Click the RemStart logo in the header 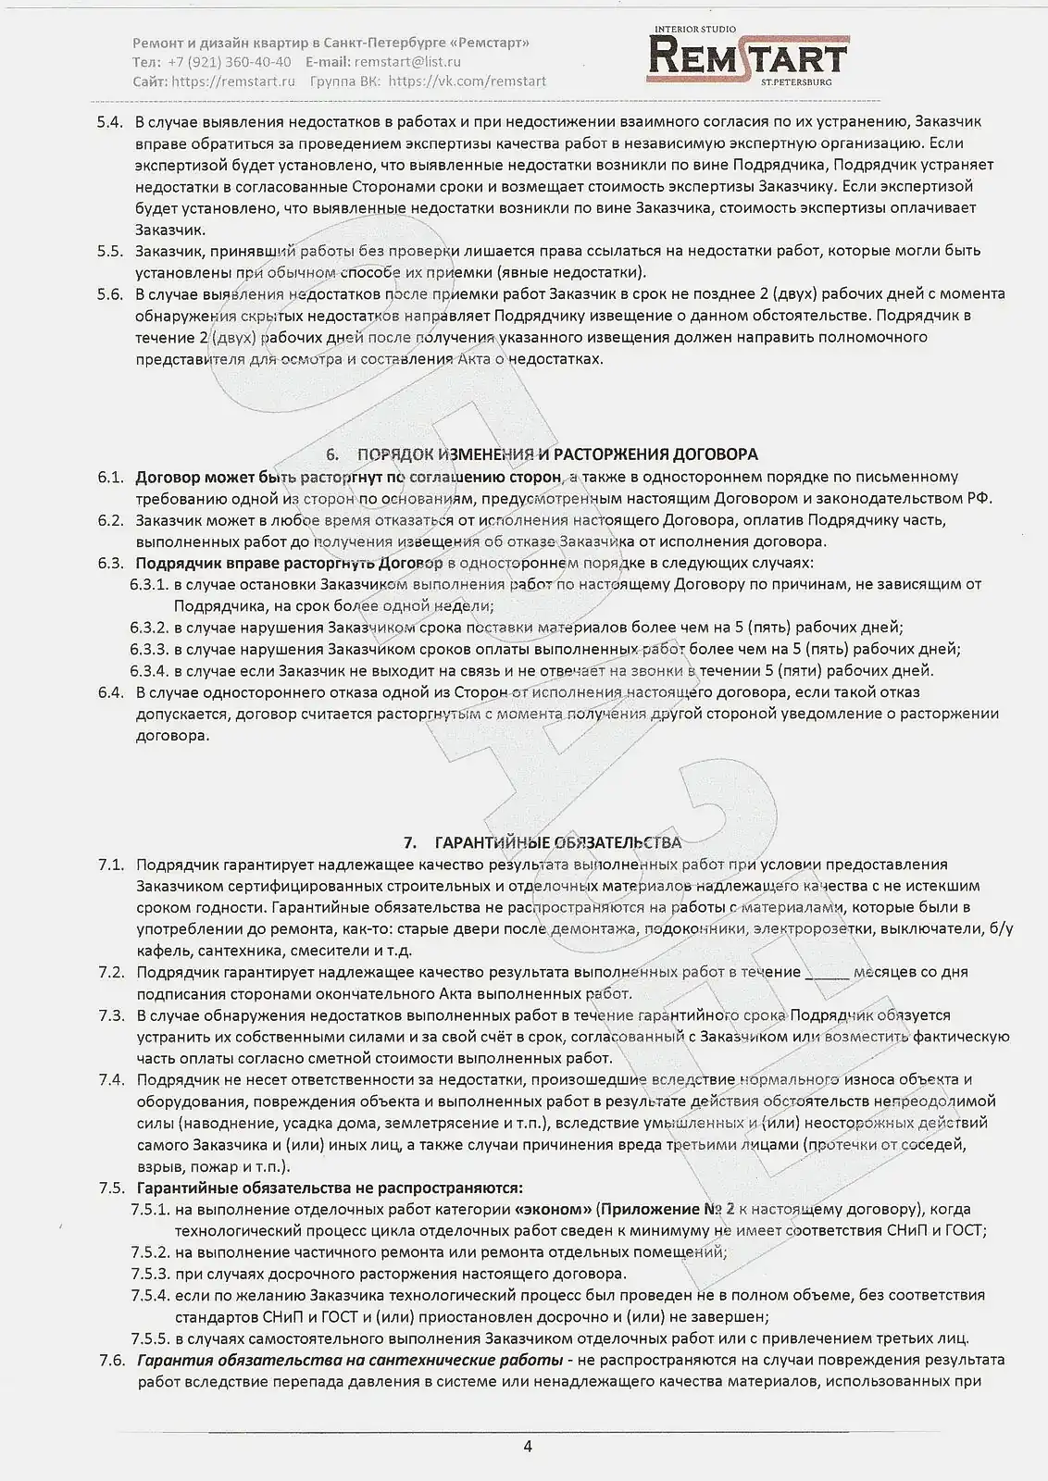(x=748, y=56)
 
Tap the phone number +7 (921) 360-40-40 (x=230, y=62)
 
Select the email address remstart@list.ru (x=407, y=62)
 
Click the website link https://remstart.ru (x=233, y=81)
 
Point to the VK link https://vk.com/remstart (x=468, y=81)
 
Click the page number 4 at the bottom (x=528, y=1447)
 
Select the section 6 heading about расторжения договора (x=544, y=454)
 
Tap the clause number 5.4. (x=110, y=121)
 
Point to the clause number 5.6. (x=110, y=294)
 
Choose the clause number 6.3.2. (x=149, y=628)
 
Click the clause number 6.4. (x=111, y=692)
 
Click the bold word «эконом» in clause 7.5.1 (x=553, y=1210)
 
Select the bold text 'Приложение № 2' (x=667, y=1210)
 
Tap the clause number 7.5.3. (x=150, y=1274)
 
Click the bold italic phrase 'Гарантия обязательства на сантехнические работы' (x=350, y=1361)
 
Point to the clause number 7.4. (x=111, y=1079)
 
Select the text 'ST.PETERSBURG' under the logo (x=796, y=82)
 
